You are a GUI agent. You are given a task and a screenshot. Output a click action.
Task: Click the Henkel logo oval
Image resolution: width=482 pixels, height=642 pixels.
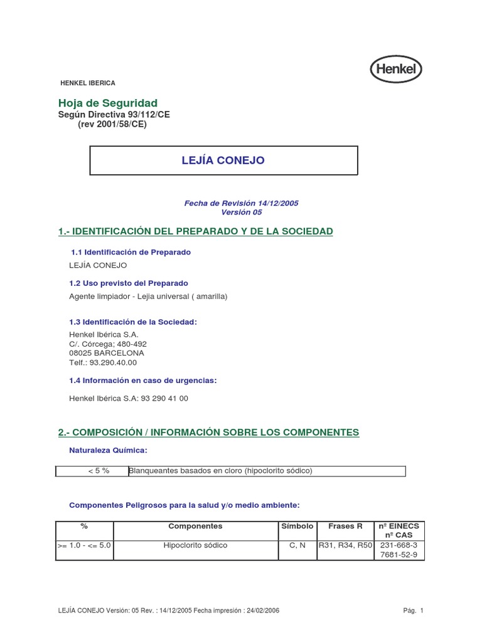[x=396, y=69]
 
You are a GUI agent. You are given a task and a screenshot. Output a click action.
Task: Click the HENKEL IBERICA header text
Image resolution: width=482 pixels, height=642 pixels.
[x=87, y=83]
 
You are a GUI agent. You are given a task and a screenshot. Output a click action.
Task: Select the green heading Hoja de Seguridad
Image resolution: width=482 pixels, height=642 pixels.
[x=108, y=103]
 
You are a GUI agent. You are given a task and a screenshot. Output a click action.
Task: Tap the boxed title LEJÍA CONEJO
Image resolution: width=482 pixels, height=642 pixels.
[x=223, y=160]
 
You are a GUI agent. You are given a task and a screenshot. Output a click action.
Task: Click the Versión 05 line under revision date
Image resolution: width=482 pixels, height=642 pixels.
[x=241, y=212]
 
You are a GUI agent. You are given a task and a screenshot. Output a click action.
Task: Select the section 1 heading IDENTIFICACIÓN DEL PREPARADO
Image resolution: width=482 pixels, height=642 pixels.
[x=195, y=232]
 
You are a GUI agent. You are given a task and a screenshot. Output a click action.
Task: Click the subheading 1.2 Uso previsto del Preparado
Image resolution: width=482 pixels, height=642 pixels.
[x=129, y=283]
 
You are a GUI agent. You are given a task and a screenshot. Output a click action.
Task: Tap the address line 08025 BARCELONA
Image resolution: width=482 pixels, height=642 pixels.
[x=107, y=353]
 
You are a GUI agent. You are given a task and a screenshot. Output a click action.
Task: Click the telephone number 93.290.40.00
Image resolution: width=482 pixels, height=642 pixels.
[x=114, y=362]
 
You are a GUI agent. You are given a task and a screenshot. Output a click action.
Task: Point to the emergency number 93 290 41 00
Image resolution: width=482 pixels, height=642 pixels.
[x=164, y=398]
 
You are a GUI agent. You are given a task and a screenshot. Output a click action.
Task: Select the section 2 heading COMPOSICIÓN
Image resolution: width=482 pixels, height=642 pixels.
[x=208, y=433]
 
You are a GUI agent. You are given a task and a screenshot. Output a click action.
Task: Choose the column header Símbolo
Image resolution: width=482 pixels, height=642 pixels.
[x=297, y=527]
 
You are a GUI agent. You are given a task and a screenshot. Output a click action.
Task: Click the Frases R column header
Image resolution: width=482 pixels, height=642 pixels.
[x=346, y=527]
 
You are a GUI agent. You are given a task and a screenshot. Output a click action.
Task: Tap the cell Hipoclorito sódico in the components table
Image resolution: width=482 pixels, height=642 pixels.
[x=195, y=545]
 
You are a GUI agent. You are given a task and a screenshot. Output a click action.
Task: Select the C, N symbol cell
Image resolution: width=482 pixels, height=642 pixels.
[x=297, y=545]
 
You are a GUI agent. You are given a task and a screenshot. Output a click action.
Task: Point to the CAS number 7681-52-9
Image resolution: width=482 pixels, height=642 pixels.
[x=399, y=555]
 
